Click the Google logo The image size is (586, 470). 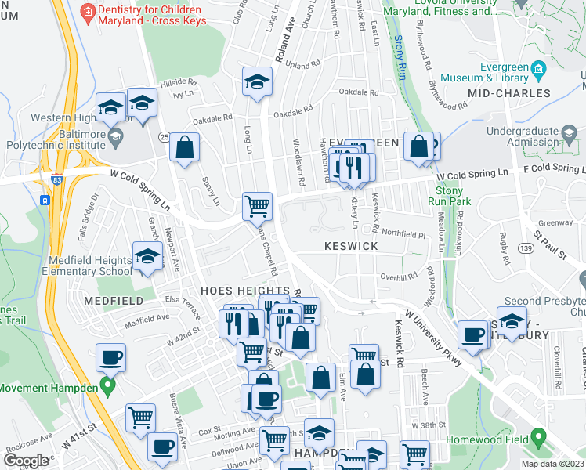25,461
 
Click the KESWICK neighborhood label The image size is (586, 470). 351,246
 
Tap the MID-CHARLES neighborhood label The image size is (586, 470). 508,93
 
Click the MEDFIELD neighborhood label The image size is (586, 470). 109,300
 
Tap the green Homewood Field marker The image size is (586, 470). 537,437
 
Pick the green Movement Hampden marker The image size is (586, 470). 109,388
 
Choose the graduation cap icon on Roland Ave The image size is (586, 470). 256,81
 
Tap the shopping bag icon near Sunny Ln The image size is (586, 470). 184,147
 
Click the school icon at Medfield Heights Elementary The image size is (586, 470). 147,257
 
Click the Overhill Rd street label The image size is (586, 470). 400,277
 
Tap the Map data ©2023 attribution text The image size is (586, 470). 554,464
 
